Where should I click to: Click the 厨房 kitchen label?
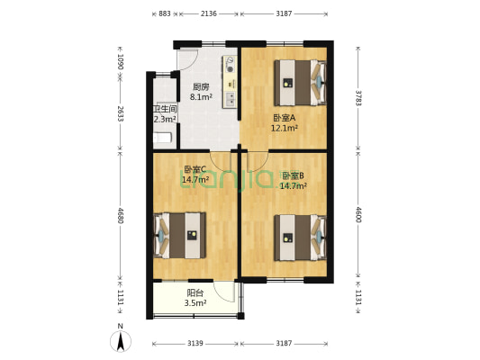click(200, 87)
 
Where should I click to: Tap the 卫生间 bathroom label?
click(164, 109)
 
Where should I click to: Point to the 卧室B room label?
click(293, 175)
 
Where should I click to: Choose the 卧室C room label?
click(195, 169)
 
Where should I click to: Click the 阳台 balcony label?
click(195, 292)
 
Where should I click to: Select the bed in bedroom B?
click(296, 237)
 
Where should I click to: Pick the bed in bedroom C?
click(185, 235)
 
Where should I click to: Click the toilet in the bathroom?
click(162, 138)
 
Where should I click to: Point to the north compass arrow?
click(120, 341)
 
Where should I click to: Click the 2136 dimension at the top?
click(208, 13)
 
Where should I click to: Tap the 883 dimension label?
click(164, 13)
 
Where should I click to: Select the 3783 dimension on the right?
click(358, 95)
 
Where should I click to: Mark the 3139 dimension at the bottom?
click(195, 343)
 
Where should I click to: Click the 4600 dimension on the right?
click(358, 215)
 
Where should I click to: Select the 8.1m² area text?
click(200, 97)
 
